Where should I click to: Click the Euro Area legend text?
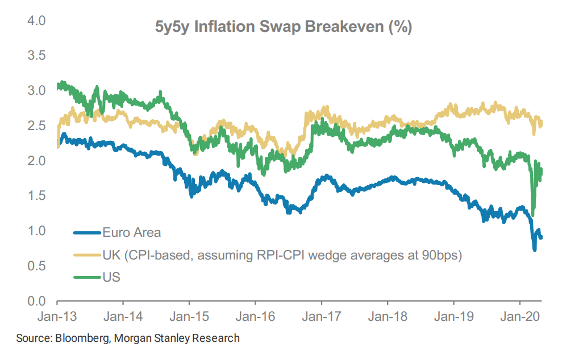point(132,232)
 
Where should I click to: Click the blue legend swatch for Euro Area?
point(86,232)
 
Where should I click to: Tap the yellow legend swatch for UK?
point(86,255)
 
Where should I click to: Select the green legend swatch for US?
point(86,278)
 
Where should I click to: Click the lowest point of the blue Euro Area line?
point(534,249)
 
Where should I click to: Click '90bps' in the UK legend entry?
point(445,255)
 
